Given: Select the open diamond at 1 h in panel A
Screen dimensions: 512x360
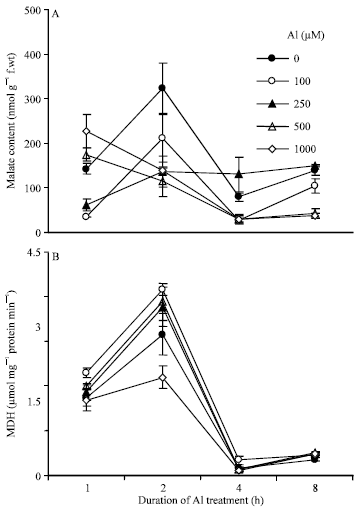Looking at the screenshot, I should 87,131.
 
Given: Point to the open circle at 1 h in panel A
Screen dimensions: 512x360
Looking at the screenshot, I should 87,216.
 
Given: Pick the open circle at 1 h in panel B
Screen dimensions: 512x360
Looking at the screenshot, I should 87,372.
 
